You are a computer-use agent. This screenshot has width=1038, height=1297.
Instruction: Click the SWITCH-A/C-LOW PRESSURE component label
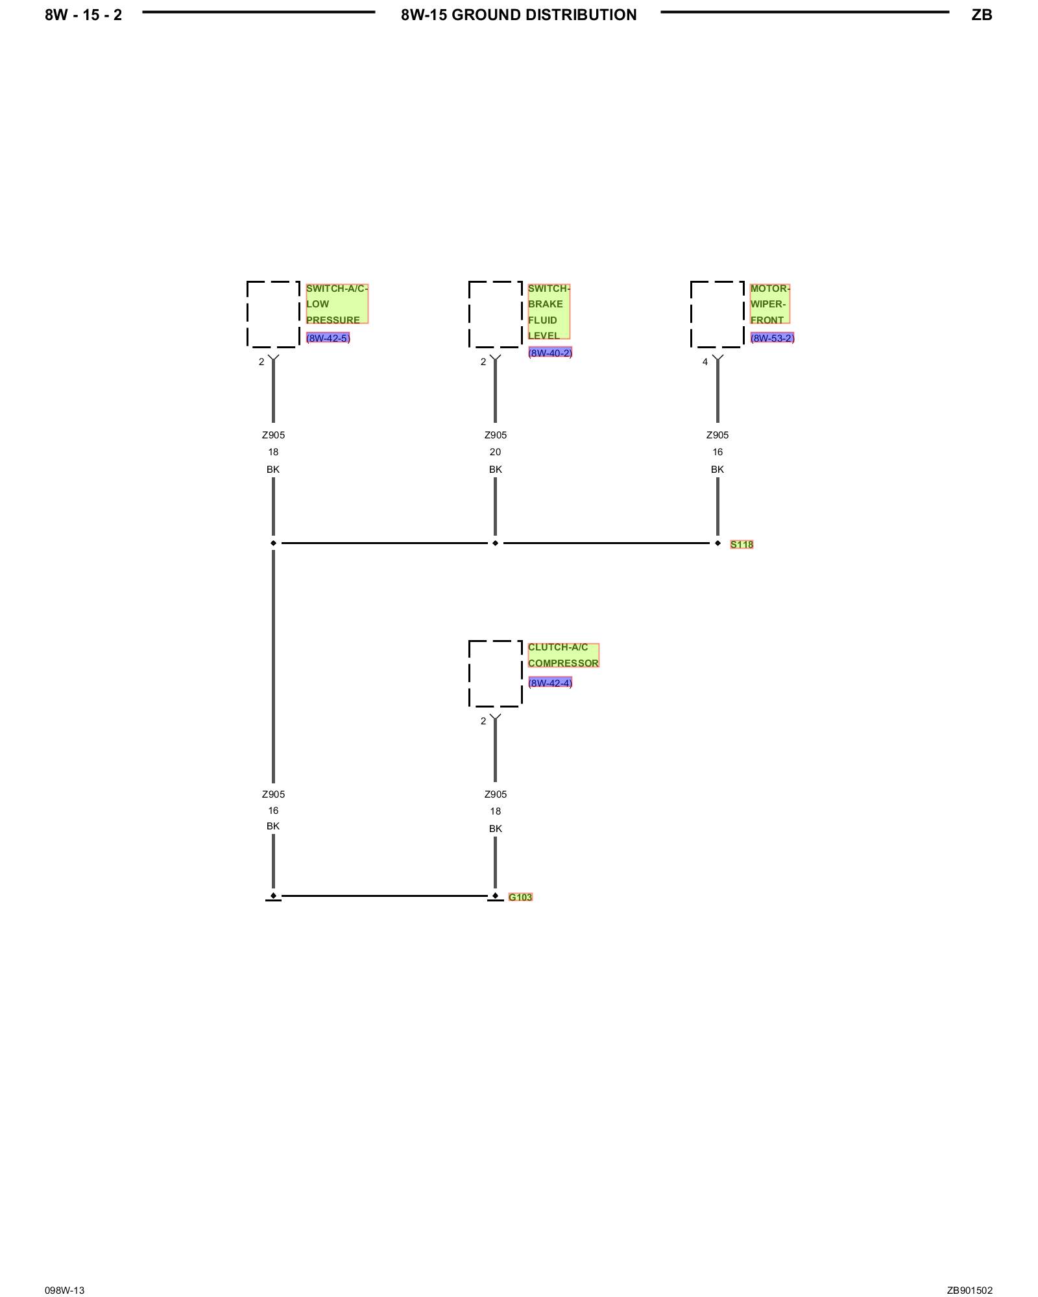337,303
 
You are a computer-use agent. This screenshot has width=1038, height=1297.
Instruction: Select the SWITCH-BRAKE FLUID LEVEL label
548,311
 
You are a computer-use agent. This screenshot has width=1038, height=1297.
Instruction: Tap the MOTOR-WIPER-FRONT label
769,303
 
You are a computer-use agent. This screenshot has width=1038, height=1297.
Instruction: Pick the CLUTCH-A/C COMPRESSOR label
563,655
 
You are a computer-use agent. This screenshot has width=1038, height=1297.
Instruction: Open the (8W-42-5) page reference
328,338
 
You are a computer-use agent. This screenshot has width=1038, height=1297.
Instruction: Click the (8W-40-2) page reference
550,353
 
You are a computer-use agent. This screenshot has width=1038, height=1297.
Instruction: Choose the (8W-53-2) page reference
772,338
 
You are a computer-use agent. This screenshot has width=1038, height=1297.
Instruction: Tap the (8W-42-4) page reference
550,683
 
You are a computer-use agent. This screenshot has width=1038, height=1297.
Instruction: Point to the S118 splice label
742,545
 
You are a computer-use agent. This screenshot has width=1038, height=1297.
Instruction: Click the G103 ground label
520,898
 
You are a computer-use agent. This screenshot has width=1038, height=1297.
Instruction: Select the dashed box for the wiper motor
717,315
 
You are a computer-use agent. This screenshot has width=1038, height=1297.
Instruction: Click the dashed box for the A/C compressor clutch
495,673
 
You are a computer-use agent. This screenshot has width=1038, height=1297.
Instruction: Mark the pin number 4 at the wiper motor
705,362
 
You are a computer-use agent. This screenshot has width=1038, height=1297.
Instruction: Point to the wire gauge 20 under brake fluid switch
495,452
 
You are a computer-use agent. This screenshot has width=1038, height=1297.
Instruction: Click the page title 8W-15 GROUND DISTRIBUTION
518,15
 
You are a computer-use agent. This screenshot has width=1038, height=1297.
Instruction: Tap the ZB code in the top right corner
982,15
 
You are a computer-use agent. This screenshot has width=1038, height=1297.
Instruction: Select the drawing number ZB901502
969,1291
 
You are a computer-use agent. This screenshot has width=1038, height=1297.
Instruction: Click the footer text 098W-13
64,1291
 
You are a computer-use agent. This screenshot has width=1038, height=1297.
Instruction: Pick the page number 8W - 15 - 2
83,15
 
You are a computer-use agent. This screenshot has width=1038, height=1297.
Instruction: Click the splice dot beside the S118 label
718,543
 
